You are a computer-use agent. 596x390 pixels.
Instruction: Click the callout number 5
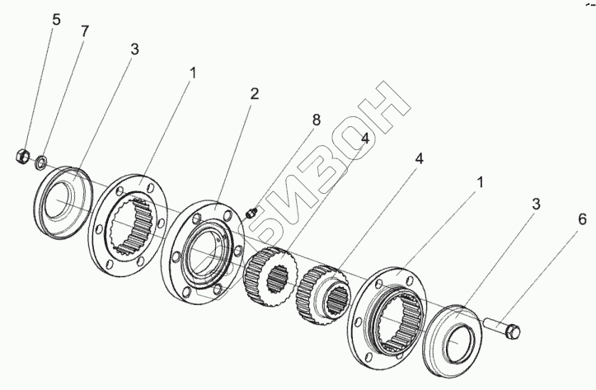56,19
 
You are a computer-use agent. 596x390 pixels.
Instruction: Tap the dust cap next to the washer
63,203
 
